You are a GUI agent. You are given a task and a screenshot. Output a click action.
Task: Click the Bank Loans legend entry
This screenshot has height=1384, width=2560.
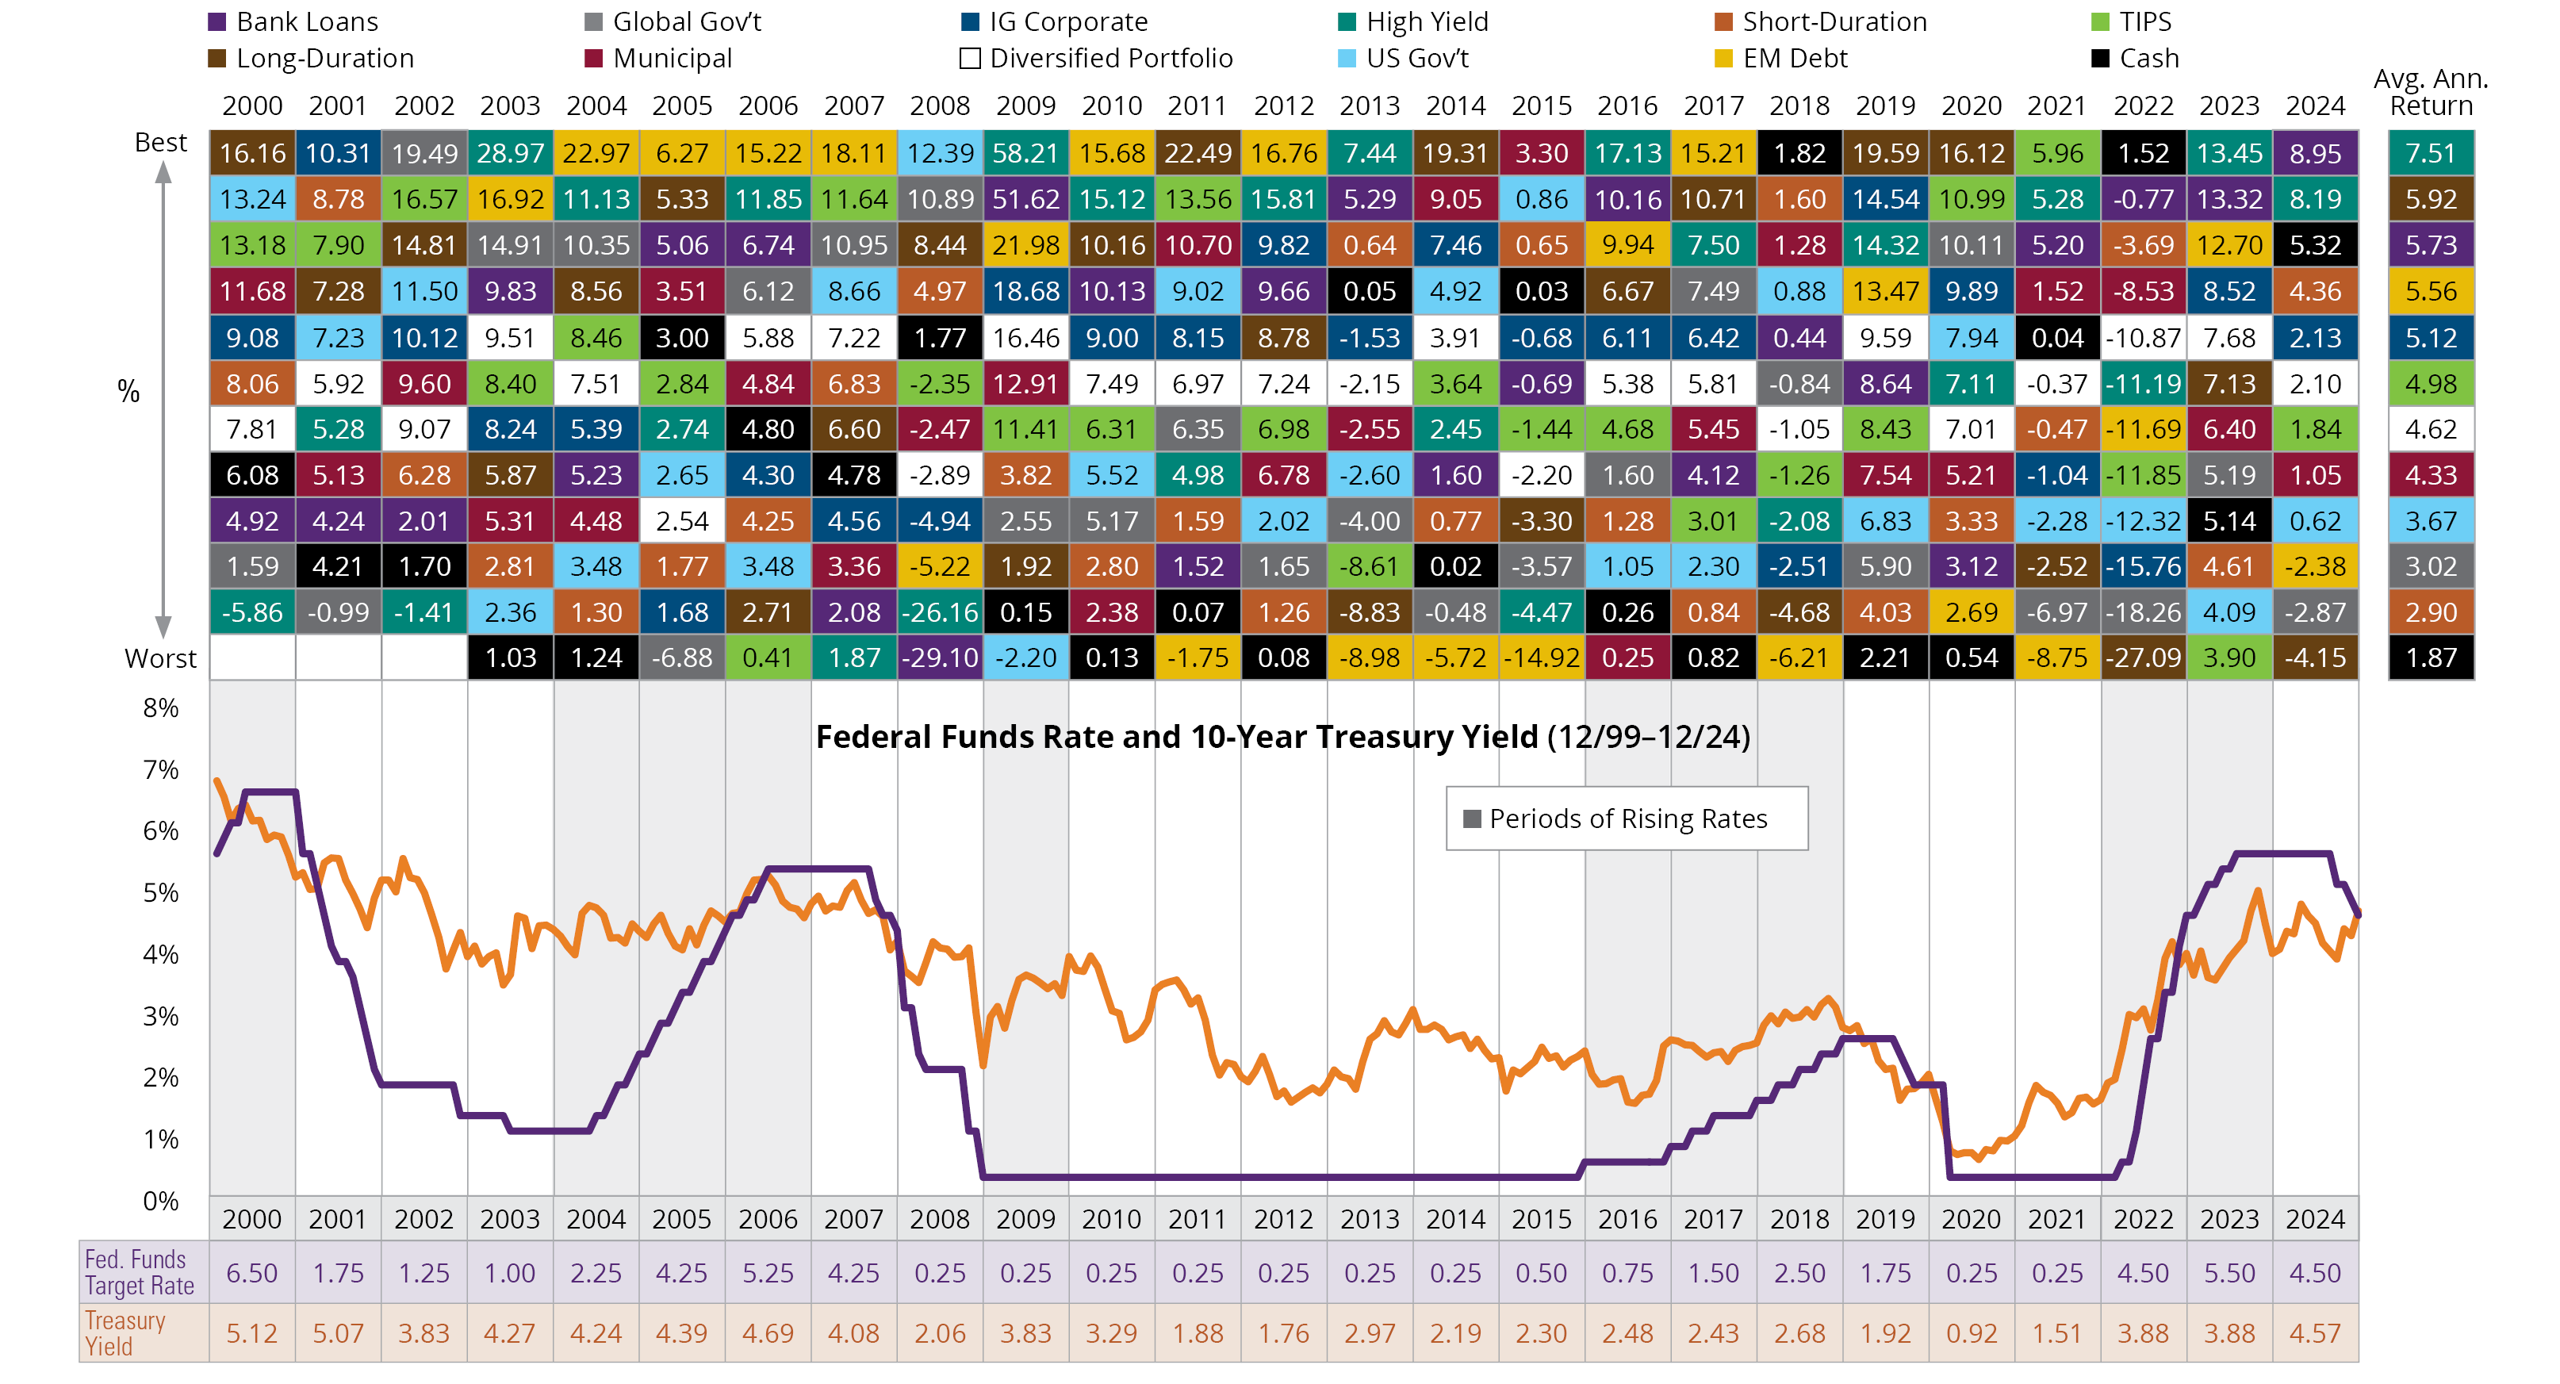pos(294,22)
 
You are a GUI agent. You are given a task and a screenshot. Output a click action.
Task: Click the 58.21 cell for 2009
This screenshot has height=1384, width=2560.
pos(1025,153)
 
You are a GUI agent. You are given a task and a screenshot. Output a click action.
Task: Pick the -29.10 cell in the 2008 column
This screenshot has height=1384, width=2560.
pos(940,657)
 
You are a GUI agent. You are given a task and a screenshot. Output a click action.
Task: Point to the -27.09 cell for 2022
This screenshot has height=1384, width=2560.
pos(2144,657)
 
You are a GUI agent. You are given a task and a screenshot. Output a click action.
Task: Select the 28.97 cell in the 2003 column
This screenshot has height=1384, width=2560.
pos(510,153)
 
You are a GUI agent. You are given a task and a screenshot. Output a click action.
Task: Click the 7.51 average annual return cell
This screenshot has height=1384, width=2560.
pos(2431,153)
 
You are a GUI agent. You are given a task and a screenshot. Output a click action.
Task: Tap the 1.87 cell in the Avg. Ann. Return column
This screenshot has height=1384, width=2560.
pos(2431,657)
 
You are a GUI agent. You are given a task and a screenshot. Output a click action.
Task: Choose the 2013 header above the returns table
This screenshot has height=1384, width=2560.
pos(1370,105)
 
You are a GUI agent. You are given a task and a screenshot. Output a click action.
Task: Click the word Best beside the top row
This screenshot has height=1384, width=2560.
pos(161,142)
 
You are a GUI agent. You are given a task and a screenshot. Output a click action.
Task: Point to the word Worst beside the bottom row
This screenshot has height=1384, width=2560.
pos(161,659)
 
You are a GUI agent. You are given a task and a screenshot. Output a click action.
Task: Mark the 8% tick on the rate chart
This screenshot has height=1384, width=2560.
pos(161,708)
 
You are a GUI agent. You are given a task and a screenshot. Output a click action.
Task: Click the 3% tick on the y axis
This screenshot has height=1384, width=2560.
pos(161,1017)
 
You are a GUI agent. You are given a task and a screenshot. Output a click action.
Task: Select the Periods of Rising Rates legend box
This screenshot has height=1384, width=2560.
pos(1627,819)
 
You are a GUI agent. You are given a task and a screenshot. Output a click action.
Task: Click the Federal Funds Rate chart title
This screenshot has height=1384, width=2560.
pos(1282,737)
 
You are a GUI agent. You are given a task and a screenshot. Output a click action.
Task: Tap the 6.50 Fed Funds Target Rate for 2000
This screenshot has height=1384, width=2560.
pos(251,1273)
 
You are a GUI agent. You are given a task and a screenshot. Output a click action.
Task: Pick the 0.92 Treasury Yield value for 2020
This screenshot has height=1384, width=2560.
pos(1972,1333)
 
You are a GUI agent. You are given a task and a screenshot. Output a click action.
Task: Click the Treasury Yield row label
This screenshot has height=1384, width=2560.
pos(125,1333)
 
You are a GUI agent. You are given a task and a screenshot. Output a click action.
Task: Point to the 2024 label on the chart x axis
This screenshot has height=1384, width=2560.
pos(2316,1219)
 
